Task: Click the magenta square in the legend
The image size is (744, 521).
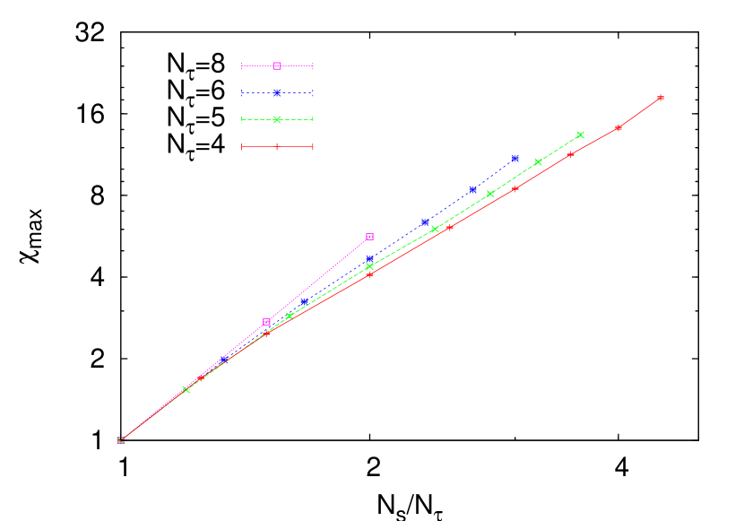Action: [277, 65]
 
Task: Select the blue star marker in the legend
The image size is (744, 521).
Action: [277, 92]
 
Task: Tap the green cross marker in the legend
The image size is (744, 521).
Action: [277, 119]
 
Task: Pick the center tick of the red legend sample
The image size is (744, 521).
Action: [277, 146]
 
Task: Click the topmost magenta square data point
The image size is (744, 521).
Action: [369, 237]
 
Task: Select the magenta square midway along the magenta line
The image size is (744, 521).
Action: [266, 323]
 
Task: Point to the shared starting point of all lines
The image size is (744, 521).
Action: [120, 440]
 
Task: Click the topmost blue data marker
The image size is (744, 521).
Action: [515, 159]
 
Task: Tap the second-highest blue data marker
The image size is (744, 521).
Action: [472, 189]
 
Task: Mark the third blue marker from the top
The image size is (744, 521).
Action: [425, 221]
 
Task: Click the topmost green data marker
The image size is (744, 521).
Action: [580, 135]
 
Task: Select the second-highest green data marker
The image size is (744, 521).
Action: [538, 162]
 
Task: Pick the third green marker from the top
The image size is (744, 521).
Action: [490, 194]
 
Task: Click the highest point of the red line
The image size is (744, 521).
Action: [661, 98]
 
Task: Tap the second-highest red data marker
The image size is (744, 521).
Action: [619, 127]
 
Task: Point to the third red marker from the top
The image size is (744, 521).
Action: [570, 154]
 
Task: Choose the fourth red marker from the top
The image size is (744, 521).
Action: [515, 188]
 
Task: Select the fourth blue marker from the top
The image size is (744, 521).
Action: [369, 259]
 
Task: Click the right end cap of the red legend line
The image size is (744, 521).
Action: [312, 146]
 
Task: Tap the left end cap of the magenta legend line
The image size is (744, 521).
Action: [242, 65]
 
